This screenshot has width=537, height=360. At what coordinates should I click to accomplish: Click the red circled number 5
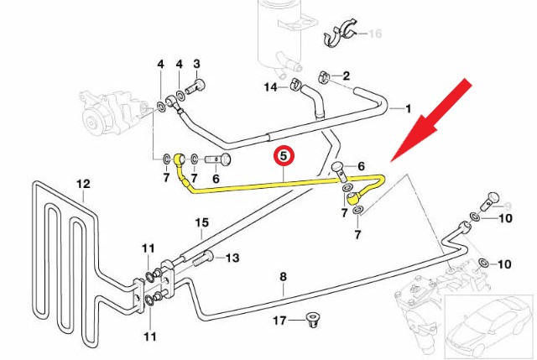[284, 155]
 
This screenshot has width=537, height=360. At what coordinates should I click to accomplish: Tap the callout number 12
[83, 183]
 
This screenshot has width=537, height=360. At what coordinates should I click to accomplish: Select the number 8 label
[283, 275]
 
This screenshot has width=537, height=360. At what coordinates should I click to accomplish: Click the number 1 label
[409, 109]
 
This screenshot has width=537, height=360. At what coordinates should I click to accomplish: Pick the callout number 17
[279, 321]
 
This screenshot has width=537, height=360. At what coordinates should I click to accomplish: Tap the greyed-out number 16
[375, 34]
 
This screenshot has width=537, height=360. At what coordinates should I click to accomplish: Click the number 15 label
[201, 222]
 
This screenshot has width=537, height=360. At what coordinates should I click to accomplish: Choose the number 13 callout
[233, 258]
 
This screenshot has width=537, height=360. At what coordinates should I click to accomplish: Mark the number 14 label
[271, 87]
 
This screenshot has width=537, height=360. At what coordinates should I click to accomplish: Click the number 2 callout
[346, 76]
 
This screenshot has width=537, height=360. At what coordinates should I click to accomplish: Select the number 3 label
[196, 64]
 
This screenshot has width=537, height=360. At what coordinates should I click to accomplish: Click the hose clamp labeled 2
[324, 81]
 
